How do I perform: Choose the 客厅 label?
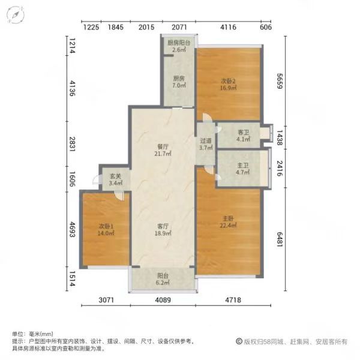[163, 226]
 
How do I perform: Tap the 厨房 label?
[179, 78]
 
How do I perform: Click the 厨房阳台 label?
[179, 43]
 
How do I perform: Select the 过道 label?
[206, 141]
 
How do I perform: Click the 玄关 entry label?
[115, 176]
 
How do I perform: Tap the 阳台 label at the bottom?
[163, 276]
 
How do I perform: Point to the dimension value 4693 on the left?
[72, 223]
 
